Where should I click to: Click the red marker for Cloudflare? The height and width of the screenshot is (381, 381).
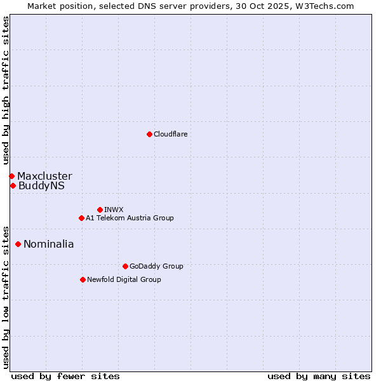pos(149,134)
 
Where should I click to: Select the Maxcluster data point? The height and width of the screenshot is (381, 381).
pos(11,176)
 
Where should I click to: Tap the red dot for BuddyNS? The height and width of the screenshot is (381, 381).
pos(13,185)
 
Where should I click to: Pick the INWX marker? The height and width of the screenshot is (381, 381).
pos(100,210)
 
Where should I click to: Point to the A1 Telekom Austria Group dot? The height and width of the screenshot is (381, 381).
pos(81,218)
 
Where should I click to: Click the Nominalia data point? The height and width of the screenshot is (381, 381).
pos(18,244)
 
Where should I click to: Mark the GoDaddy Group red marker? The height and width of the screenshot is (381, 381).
pos(125,266)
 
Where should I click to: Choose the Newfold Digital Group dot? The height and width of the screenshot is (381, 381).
pos(83,279)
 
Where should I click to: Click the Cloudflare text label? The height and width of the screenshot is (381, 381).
pos(170,134)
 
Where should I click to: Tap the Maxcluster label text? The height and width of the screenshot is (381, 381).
pos(44,176)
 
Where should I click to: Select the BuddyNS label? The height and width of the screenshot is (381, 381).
pos(41,186)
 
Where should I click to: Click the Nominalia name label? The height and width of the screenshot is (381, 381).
pos(48,244)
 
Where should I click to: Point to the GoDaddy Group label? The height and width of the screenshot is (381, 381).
pos(156,266)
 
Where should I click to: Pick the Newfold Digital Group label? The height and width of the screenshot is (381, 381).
pos(124,279)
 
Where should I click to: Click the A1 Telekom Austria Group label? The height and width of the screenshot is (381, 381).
pos(130,218)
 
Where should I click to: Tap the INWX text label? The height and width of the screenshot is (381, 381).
pos(114,210)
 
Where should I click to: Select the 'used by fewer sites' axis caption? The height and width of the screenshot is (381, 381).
pos(65,376)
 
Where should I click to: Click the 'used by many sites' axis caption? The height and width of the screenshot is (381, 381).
pos(319,376)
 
